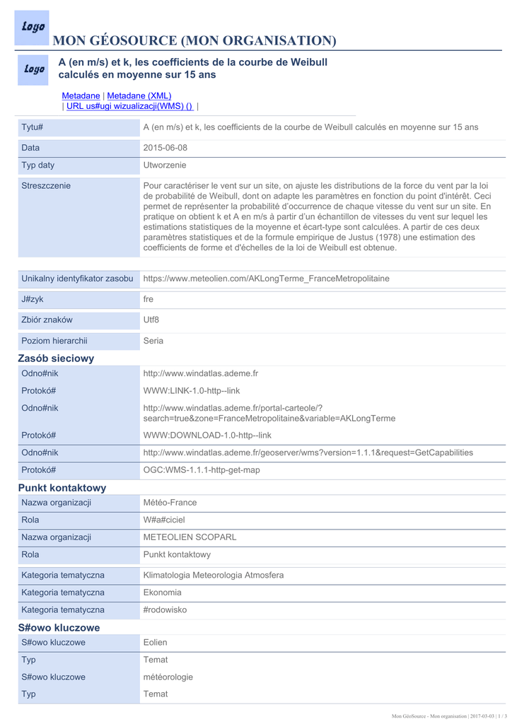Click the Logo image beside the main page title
pos(32,28)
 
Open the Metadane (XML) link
pos(139,95)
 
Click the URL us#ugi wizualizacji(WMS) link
pos(129,106)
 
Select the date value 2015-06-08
pos(165,148)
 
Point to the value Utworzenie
pos(165,165)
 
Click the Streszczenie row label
pos(46,186)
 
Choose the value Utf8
pos(151,320)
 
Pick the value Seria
pos(153,341)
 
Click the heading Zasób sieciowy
pos(56,358)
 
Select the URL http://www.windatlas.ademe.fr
pos(201,373)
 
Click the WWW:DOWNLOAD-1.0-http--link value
pos(207,436)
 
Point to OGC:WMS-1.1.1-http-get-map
pos(202,470)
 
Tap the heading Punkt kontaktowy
pos(62,488)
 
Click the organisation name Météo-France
pos(170,503)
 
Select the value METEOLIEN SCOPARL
pos(190,537)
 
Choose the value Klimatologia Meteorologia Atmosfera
pos(214,576)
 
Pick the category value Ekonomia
pos(163,592)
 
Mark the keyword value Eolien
pos(156,643)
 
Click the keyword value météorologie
pos(168,677)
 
